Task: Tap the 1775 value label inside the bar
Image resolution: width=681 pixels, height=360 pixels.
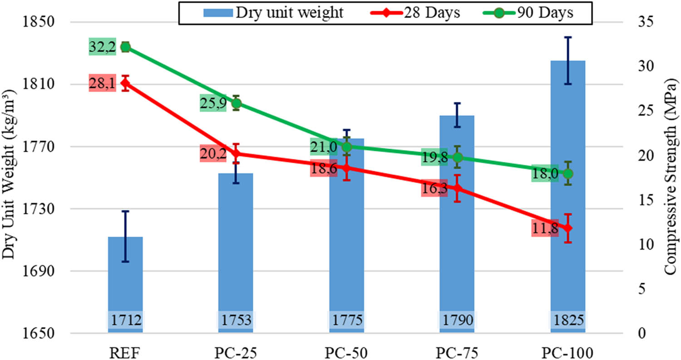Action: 346,321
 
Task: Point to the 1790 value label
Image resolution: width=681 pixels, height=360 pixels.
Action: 457,321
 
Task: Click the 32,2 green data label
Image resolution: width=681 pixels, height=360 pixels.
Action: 102,47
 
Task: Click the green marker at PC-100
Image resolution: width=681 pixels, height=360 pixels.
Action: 567,173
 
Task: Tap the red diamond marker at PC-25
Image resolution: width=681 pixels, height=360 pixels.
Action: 236,153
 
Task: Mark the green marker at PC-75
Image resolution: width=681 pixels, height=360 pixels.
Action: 457,157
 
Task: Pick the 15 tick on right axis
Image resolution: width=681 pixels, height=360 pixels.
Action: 640,200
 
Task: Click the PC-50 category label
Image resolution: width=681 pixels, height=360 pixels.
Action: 346,351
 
